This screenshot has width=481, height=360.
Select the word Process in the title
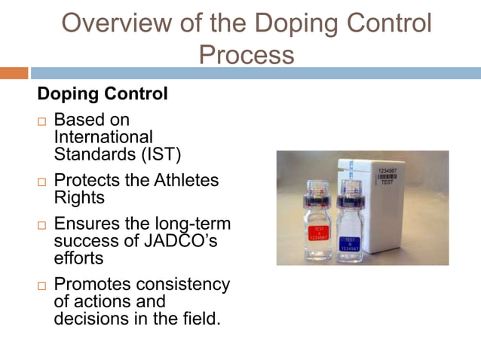click(247, 54)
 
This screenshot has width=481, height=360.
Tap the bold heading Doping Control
click(103, 96)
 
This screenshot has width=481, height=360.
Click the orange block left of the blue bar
click(14, 73)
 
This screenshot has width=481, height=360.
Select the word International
click(103, 137)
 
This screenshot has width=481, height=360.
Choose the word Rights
click(79, 197)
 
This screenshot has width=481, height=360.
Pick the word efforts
click(78, 258)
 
